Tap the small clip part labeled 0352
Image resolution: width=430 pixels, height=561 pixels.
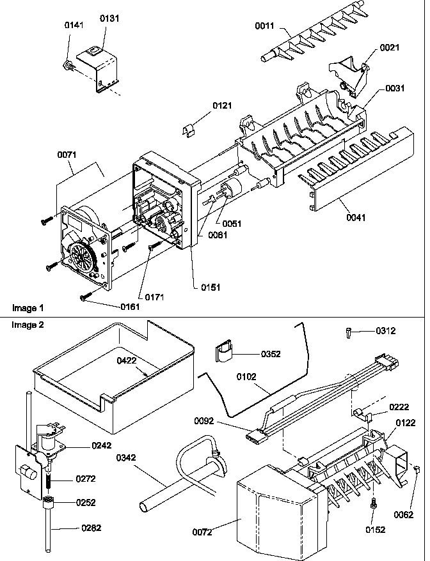tap(223, 353)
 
